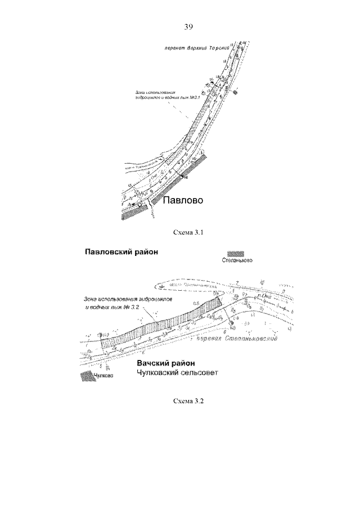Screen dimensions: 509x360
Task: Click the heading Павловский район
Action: (120, 252)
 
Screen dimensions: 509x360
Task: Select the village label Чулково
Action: (103, 377)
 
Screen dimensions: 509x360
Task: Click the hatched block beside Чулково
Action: (85, 376)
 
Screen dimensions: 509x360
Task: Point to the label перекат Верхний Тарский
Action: (191, 48)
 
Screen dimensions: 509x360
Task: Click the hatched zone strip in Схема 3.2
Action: (160, 322)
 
